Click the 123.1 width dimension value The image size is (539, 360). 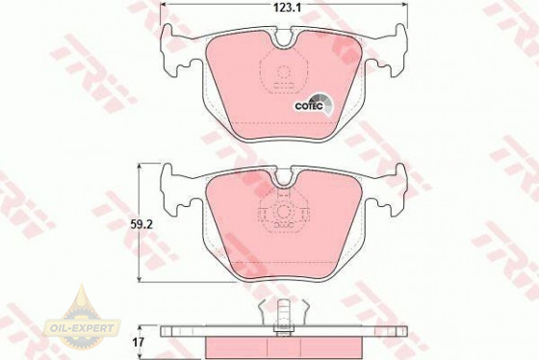coord(287,8)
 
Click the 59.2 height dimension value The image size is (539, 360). coord(141,224)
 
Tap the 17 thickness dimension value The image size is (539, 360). coord(139,343)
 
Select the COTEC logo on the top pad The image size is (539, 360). coord(314,104)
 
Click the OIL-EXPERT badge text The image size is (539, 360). coord(82,327)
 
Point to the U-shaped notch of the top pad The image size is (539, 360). coord(284,38)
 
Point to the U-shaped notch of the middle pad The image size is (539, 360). coord(284,177)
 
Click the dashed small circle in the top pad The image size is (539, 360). coord(283,72)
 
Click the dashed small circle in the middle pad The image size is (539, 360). coord(284,212)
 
